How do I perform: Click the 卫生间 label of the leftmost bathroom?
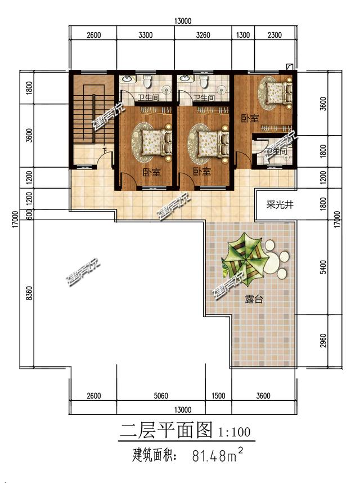click(x=147, y=99)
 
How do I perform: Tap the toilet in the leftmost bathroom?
click(x=147, y=82)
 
